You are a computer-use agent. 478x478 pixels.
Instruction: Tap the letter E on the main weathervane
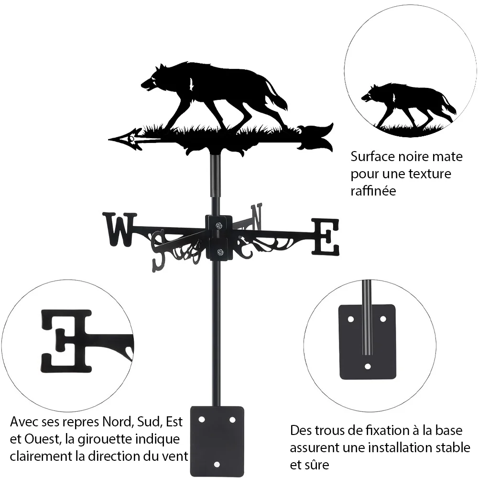coord(325,237)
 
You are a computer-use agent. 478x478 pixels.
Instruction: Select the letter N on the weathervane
coord(256,217)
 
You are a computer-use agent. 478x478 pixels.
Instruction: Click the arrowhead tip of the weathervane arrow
coord(109,140)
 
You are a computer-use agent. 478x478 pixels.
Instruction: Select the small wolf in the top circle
coord(409,106)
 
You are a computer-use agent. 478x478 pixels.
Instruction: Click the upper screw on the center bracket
coord(218,226)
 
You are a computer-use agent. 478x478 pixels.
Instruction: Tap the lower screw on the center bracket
coord(220,252)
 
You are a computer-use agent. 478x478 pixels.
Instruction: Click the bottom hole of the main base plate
coord(217,465)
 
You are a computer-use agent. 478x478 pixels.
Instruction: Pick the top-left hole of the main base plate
coord(201,420)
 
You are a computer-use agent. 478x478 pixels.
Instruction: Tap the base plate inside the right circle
coord(367,342)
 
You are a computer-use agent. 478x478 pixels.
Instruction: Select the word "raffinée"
coord(373,191)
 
